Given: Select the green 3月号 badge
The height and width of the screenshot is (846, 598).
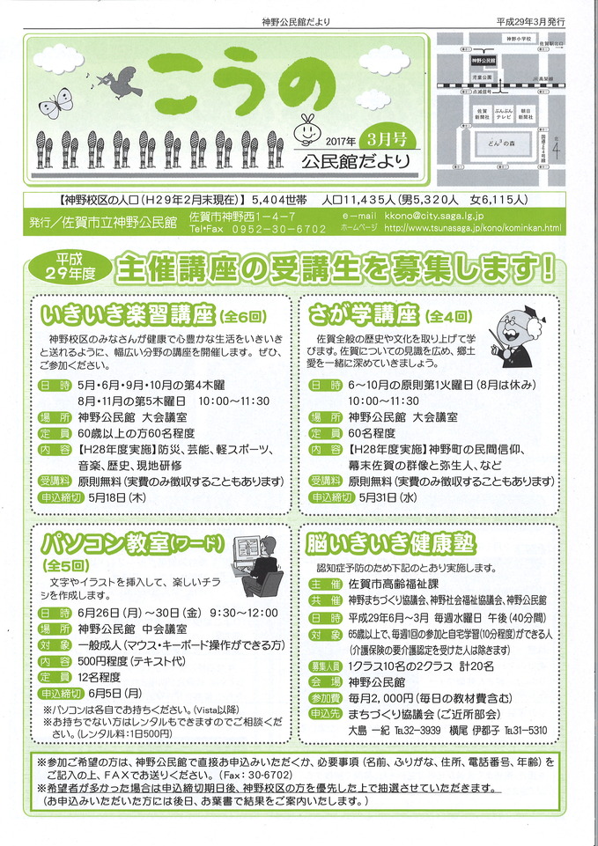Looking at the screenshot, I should coord(384,138).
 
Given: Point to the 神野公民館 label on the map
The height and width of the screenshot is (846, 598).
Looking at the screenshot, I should coord(484,62).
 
